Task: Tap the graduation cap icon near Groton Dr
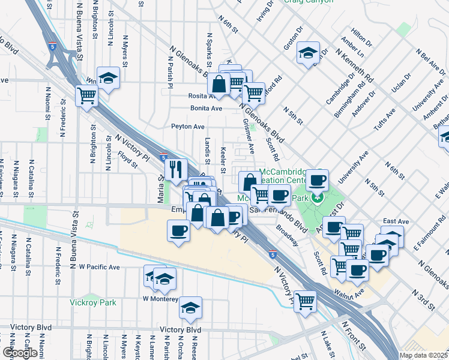tap(308, 53)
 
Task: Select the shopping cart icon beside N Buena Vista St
tap(87, 95)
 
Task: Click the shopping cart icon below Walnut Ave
tap(306, 300)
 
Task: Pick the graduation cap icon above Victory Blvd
tap(191, 308)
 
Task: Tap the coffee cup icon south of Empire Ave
tap(178, 230)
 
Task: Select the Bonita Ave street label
tap(206, 109)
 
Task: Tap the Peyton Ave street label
tap(188, 127)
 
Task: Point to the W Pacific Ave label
tap(100, 267)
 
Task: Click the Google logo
tap(20, 353)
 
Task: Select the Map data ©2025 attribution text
tap(423, 355)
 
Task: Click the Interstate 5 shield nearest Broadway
tap(273, 254)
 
